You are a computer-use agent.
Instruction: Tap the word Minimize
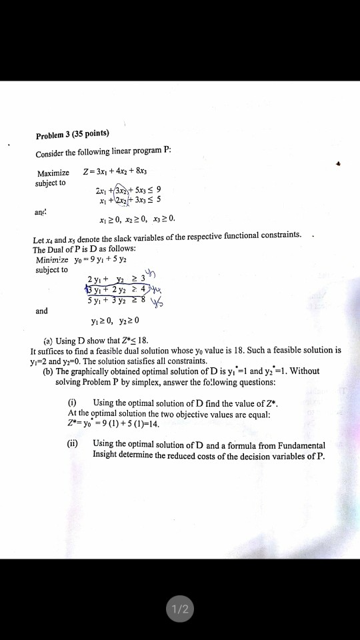53,260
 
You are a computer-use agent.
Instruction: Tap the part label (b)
47,371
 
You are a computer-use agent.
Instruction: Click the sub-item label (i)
73,403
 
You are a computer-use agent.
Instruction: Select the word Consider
52,153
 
